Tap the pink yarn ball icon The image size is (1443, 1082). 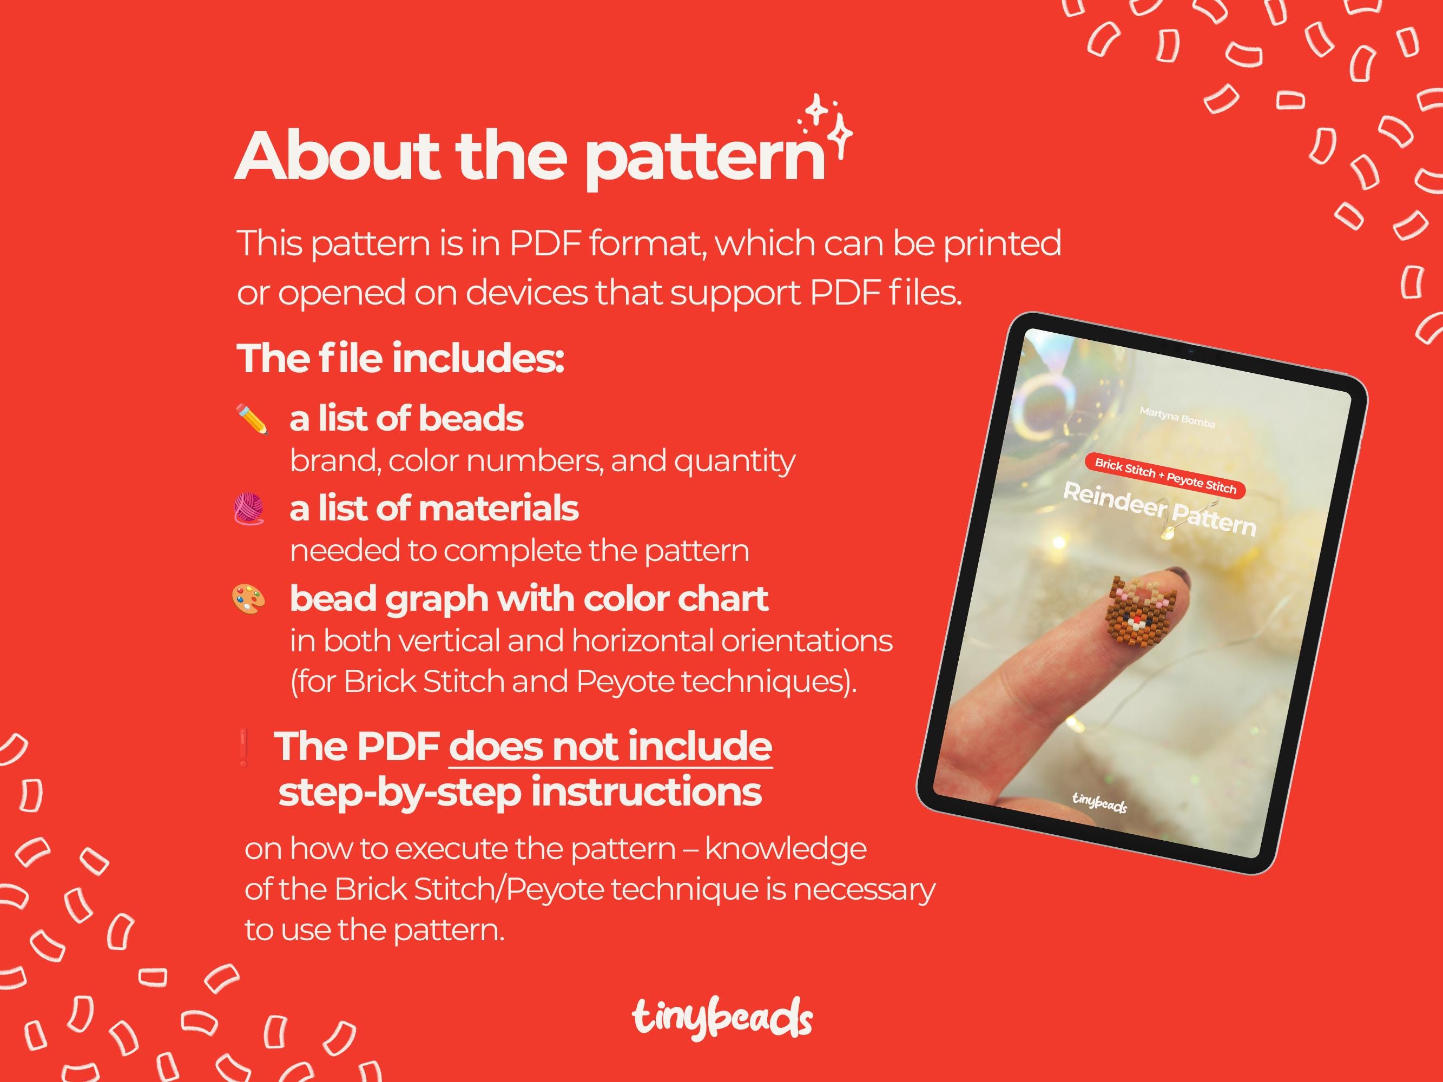(248, 509)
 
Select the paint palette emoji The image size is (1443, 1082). (248, 599)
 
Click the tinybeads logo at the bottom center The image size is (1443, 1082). (722, 1019)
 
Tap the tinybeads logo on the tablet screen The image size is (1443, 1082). (1099, 802)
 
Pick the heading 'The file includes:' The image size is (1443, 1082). (400, 358)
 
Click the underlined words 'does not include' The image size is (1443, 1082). (611, 746)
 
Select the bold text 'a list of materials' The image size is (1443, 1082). (434, 509)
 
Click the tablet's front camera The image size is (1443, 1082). (1191, 352)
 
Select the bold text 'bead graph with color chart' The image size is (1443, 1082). (529, 599)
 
